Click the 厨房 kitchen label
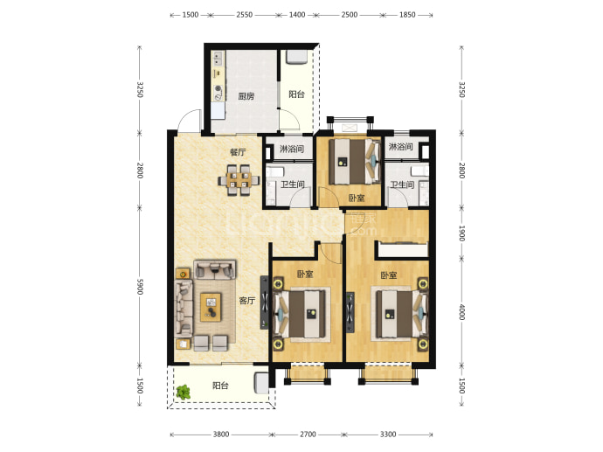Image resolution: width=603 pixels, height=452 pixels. tap(246, 96)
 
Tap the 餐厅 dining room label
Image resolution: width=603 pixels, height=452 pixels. tap(238, 152)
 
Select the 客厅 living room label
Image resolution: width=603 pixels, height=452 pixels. tap(247, 301)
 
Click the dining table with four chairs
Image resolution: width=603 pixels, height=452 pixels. tap(239, 180)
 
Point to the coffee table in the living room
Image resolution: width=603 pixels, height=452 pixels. tap(211, 307)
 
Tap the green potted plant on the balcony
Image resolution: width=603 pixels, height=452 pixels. tap(184, 392)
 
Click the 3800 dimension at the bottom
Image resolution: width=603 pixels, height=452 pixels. tap(221, 435)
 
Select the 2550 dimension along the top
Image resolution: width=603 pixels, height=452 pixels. tap(244, 15)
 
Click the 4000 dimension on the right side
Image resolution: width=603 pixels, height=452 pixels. tap(462, 312)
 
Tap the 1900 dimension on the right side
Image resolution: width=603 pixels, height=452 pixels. tap(462, 233)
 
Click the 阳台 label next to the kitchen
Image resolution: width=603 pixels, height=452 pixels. tap(296, 94)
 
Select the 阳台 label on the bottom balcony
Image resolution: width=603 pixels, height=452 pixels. tap(220, 386)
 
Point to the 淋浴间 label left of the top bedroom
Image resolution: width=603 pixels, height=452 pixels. tap(292, 149)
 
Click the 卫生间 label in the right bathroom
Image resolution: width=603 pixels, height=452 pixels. tap(402, 184)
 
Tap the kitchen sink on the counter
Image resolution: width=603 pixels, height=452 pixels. tap(218, 59)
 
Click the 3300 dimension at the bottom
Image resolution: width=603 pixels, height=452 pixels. tap(388, 435)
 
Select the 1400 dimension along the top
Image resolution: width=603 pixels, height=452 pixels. tap(297, 15)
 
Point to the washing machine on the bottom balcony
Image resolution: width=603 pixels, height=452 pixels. tap(261, 384)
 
